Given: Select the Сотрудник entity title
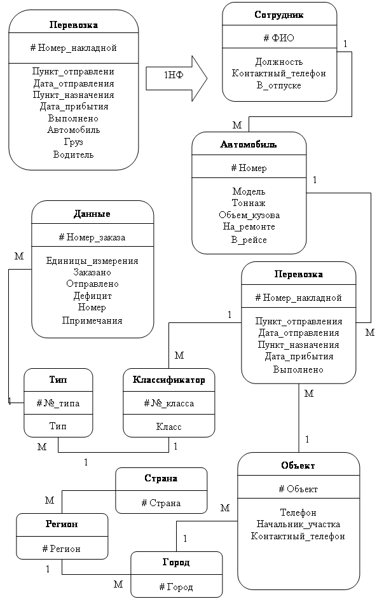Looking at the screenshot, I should pyautogui.click(x=279, y=14).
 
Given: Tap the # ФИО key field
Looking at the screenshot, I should pyautogui.click(x=279, y=38).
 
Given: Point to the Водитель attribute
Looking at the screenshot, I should pyautogui.click(x=73, y=154).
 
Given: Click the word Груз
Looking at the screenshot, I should pyautogui.click(x=73, y=142).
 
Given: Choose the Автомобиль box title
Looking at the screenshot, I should pyautogui.click(x=249, y=144).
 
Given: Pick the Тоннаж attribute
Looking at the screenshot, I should pyautogui.click(x=249, y=203).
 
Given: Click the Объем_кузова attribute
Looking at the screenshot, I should pyautogui.click(x=249, y=215).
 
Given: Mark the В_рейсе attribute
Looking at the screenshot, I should pyautogui.click(x=249, y=240).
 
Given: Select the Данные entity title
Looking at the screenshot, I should pyautogui.click(x=92, y=214).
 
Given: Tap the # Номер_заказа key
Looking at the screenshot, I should pyautogui.click(x=92, y=237).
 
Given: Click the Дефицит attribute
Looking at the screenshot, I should pyautogui.click(x=92, y=296).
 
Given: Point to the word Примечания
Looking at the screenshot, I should pyautogui.click(x=92, y=320).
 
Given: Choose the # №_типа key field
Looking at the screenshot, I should pyautogui.click(x=58, y=403).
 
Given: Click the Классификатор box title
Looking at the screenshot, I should pyautogui.click(x=168, y=380).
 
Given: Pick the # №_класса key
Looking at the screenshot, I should pyautogui.click(x=168, y=403).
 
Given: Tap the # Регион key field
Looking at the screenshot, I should pyautogui.click(x=61, y=548).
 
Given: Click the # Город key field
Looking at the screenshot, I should pyautogui.click(x=176, y=587).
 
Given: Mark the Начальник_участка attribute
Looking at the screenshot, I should pyautogui.click(x=298, y=524).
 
